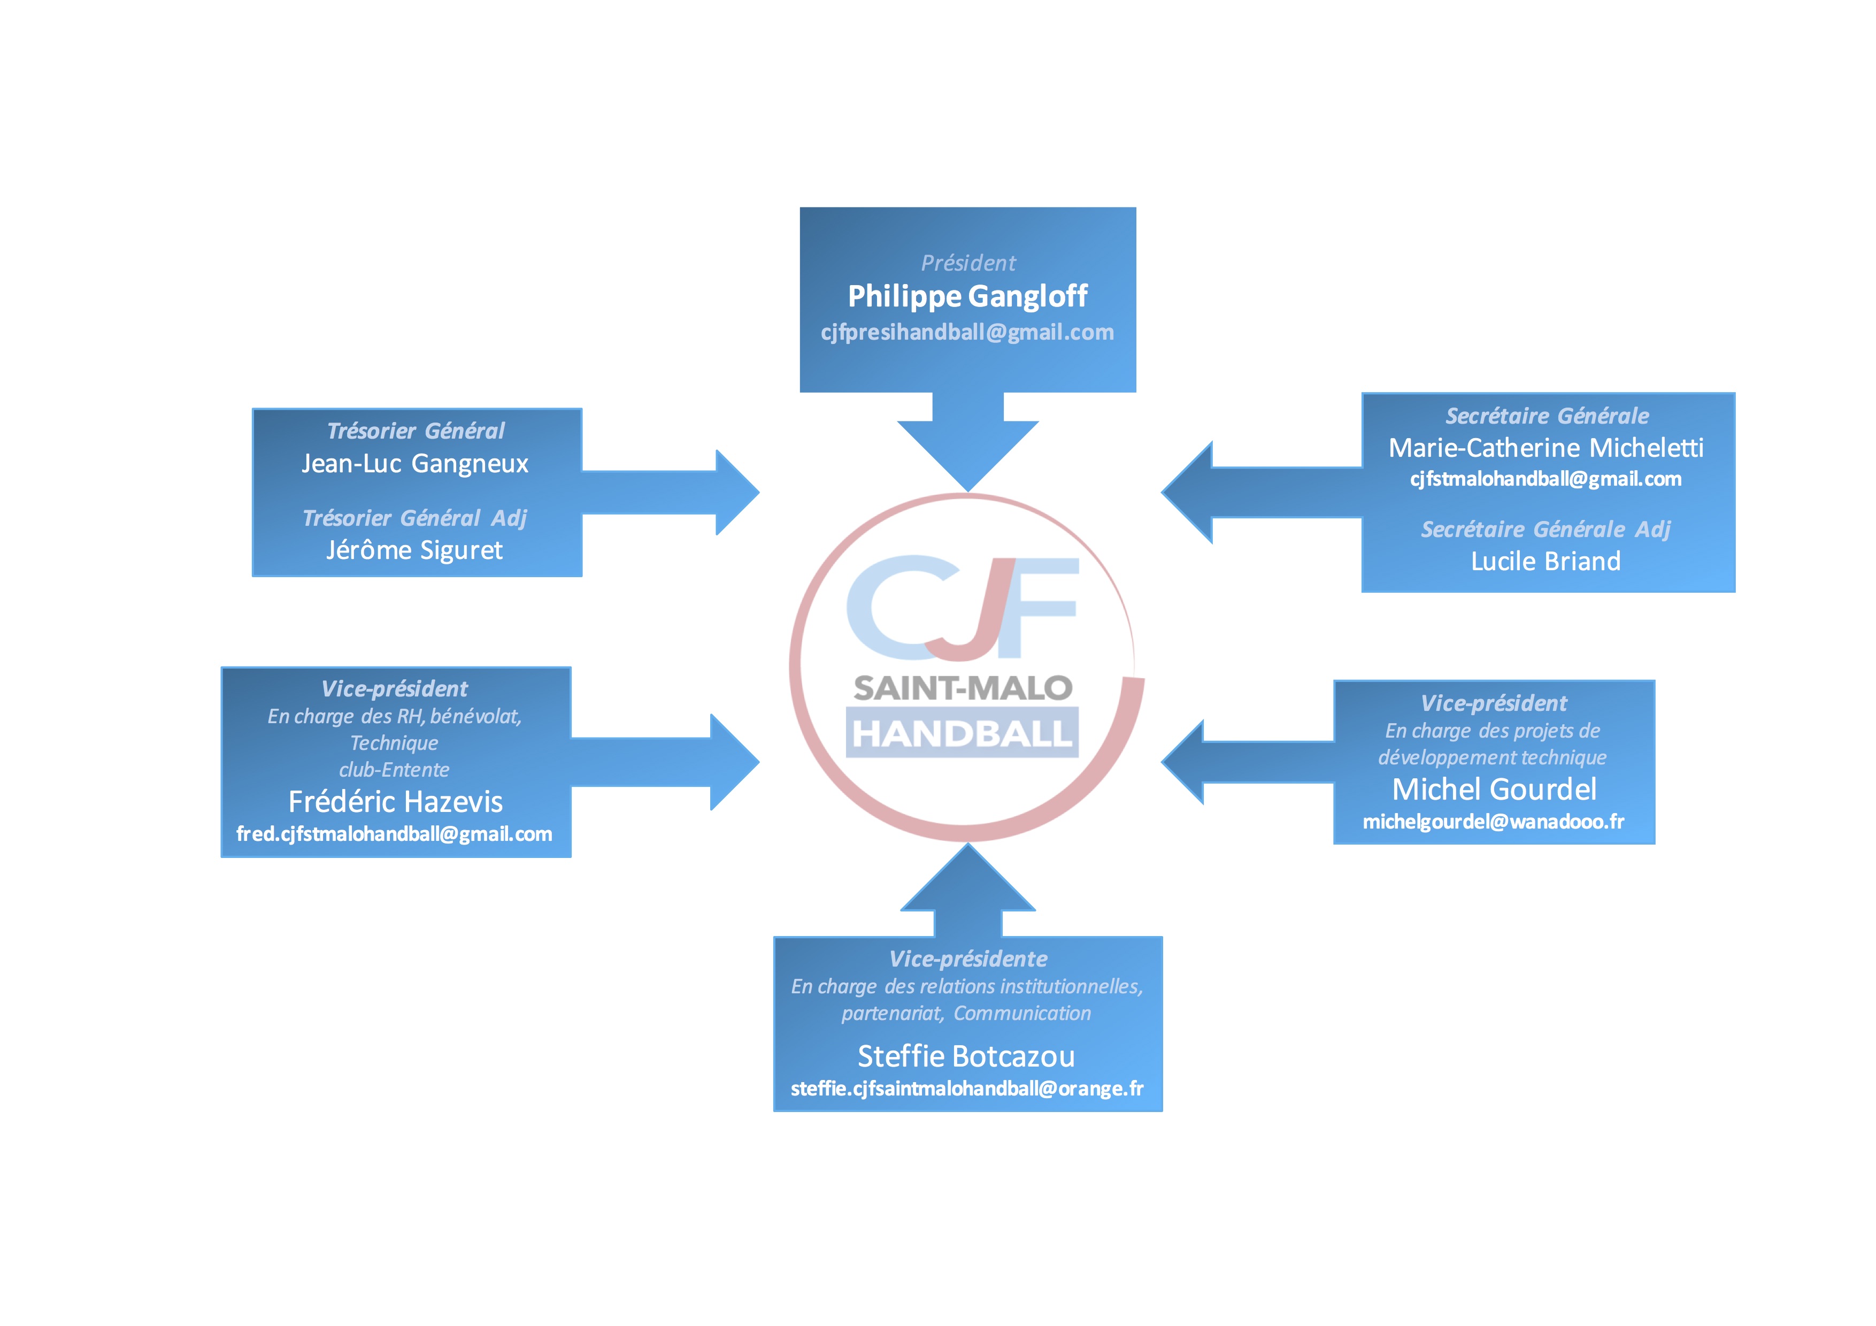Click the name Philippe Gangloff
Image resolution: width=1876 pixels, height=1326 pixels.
click(x=967, y=296)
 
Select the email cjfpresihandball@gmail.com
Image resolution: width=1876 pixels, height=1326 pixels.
click(x=967, y=333)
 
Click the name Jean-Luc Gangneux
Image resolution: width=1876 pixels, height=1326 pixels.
click(x=415, y=463)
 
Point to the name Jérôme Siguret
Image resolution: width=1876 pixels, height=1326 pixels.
click(x=414, y=550)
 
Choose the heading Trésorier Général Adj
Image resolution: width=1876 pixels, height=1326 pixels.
click(x=414, y=518)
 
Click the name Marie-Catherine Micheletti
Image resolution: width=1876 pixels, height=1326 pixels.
click(x=1546, y=448)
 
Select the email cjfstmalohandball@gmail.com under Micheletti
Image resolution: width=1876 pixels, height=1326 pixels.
click(x=1546, y=479)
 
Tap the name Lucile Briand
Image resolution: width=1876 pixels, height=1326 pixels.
click(x=1546, y=561)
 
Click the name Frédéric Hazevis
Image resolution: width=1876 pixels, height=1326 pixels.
click(x=395, y=801)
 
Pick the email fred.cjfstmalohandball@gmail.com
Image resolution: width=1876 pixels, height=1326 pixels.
click(x=395, y=834)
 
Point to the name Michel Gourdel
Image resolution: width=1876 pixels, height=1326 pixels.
click(x=1494, y=789)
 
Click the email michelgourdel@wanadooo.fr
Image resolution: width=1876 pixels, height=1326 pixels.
click(x=1494, y=822)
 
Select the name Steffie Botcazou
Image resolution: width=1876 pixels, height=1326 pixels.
click(x=966, y=1056)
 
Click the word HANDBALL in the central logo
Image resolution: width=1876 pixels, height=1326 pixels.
click(x=962, y=734)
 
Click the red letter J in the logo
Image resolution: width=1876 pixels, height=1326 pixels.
click(x=977, y=613)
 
